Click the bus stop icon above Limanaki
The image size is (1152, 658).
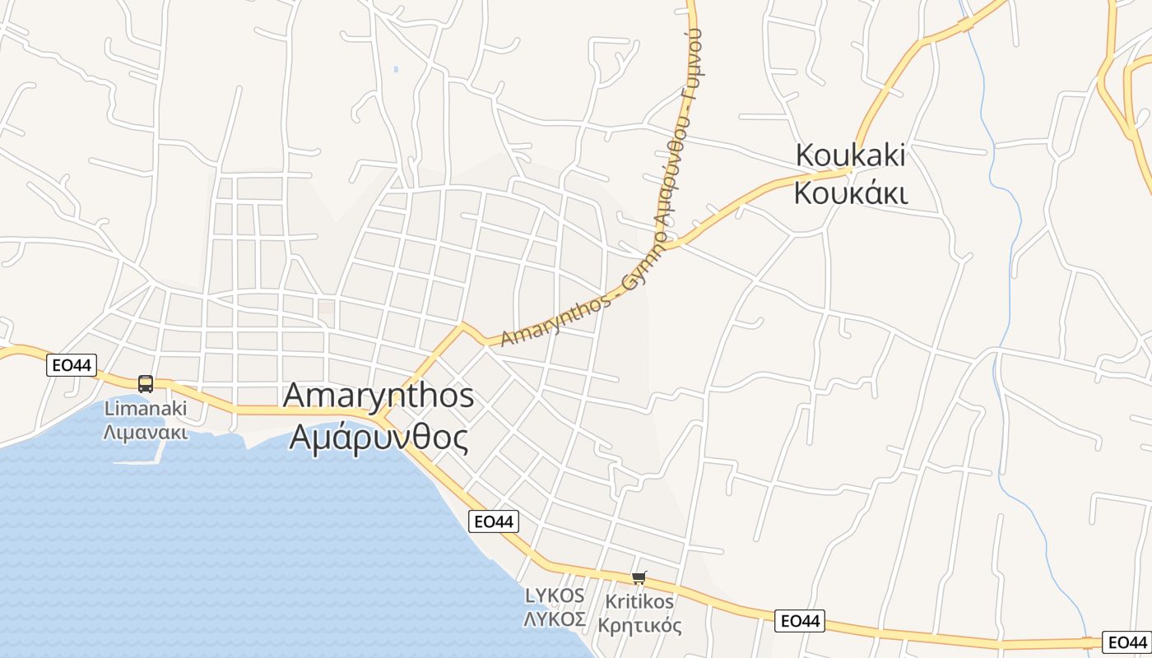[x=146, y=384]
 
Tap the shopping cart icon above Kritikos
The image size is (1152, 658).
[x=639, y=578]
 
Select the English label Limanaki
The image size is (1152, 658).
[x=146, y=409]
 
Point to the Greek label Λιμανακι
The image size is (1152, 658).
[x=146, y=433]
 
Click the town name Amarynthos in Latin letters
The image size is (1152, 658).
[x=379, y=396]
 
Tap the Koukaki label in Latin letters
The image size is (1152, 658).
[x=851, y=155]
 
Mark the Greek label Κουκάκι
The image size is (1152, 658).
[x=851, y=194]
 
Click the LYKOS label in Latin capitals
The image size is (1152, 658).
[x=555, y=595]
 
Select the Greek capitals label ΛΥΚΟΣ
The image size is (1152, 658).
[x=555, y=619]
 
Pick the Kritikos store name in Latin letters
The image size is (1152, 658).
[x=639, y=601]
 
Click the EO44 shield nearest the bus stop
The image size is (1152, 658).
[x=72, y=364]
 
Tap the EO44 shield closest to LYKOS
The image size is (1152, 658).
[x=495, y=521]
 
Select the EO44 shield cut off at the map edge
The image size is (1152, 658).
[x=1126, y=642]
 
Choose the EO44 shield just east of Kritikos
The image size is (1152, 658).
[x=800, y=621]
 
